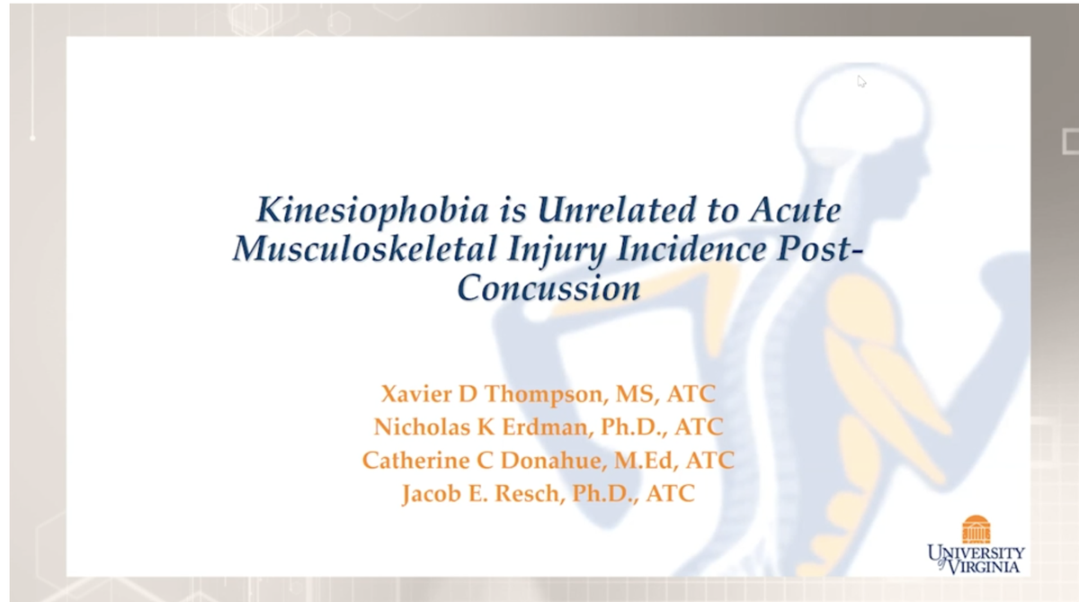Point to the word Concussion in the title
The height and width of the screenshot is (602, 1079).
coord(548,288)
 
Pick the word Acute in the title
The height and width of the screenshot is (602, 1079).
coord(796,210)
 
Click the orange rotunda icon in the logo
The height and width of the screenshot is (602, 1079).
coord(976,528)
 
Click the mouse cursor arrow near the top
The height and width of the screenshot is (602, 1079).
coord(861,80)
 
